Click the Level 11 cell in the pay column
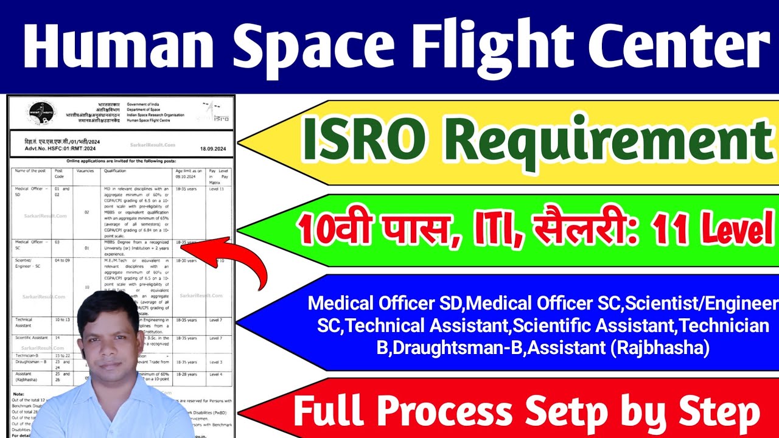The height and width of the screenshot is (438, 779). (x=217, y=190)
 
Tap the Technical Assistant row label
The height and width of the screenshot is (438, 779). (x=24, y=322)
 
